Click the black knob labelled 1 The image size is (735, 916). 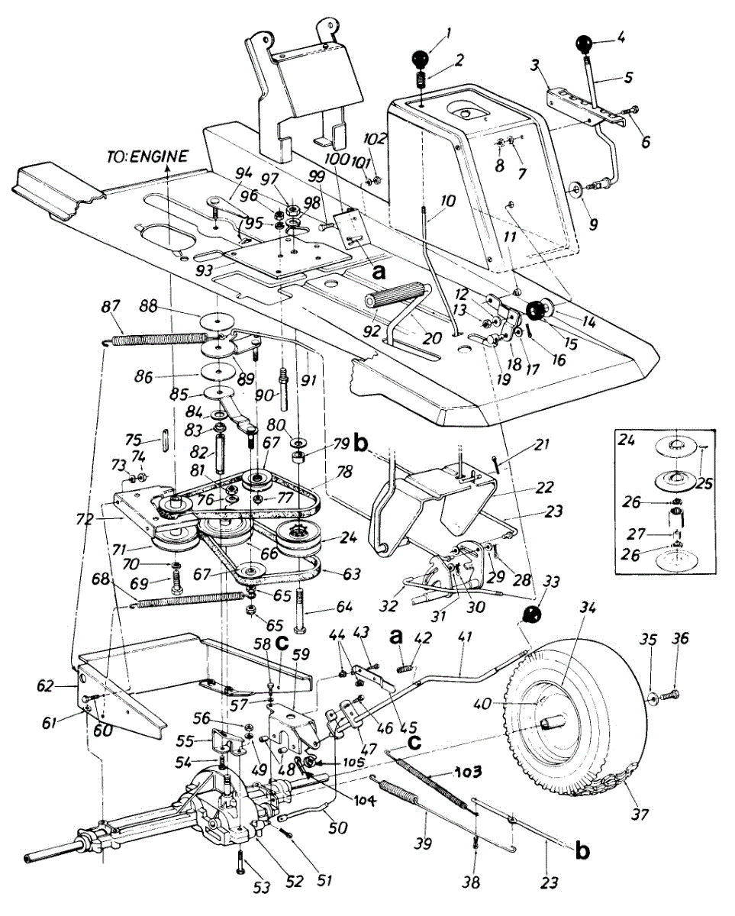pos(420,60)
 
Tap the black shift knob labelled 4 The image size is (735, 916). pos(585,44)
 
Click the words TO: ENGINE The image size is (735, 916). pos(147,156)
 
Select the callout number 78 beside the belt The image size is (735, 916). pos(344,472)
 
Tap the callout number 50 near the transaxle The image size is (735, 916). pos(339,828)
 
